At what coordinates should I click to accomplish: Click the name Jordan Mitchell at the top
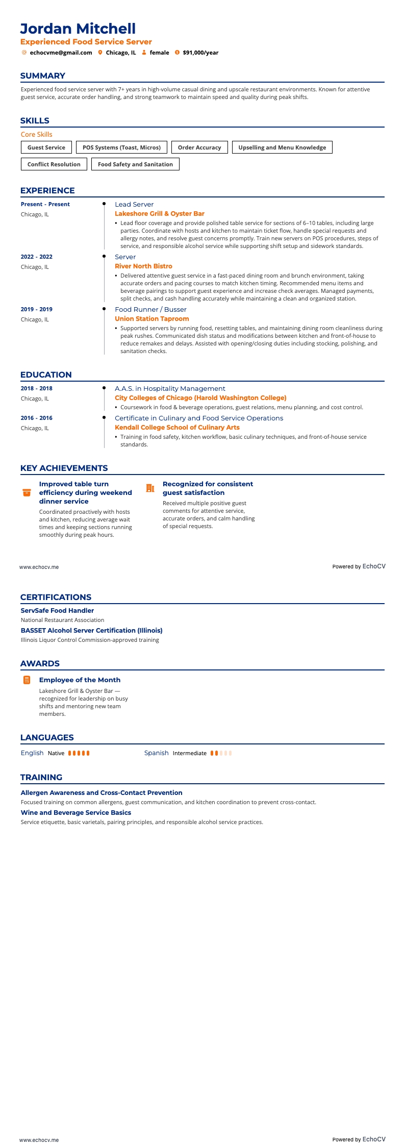click(78, 29)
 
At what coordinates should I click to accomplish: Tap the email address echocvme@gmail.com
click(61, 53)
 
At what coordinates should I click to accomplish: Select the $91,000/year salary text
click(200, 53)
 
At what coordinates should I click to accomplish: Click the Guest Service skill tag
click(46, 147)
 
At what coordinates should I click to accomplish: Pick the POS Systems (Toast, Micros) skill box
click(121, 147)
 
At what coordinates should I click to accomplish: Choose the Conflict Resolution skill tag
click(54, 164)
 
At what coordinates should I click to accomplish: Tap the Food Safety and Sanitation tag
click(135, 164)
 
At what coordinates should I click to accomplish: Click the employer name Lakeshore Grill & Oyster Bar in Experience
click(160, 214)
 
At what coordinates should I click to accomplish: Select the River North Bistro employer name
click(143, 266)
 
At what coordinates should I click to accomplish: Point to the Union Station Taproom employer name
click(151, 319)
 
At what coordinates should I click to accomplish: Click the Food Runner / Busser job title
click(150, 310)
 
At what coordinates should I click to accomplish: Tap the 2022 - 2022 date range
click(37, 257)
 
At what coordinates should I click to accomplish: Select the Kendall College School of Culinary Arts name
click(177, 428)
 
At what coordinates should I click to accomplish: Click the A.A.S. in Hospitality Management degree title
click(170, 389)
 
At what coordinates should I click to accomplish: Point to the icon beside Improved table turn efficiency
click(27, 492)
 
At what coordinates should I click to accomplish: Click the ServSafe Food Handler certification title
click(57, 611)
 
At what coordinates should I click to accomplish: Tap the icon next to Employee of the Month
click(27, 680)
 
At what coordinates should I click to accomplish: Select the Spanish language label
click(156, 753)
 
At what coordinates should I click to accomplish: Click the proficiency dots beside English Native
click(79, 753)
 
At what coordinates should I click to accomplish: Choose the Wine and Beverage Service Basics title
click(76, 813)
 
